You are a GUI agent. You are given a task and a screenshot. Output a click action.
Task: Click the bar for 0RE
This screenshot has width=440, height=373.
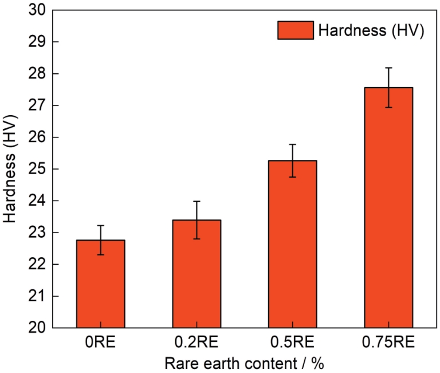click(100, 284)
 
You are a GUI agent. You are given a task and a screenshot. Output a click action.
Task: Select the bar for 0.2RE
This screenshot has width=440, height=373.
click(197, 274)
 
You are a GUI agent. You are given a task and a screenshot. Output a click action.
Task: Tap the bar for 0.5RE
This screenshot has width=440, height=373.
click(292, 244)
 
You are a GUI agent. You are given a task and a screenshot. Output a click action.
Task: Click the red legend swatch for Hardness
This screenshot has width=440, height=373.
click(295, 30)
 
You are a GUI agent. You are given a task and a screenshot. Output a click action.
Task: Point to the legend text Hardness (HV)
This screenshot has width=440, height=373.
click(370, 30)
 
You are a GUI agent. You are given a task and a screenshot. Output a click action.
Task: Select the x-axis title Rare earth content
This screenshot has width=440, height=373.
click(245, 363)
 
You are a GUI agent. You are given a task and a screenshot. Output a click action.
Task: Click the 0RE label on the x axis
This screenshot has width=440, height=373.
click(100, 343)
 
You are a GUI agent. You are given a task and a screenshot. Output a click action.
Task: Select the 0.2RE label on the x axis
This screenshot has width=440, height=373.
click(197, 343)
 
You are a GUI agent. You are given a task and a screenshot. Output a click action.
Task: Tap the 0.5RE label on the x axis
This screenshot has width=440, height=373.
click(292, 343)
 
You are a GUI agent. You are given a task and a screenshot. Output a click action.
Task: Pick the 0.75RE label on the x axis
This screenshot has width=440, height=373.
click(388, 343)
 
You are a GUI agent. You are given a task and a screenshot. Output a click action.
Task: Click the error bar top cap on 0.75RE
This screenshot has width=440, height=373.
click(388, 68)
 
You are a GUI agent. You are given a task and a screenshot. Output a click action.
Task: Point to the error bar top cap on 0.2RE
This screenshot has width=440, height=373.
click(197, 201)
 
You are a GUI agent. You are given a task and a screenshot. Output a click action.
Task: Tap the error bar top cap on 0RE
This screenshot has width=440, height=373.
click(100, 225)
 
